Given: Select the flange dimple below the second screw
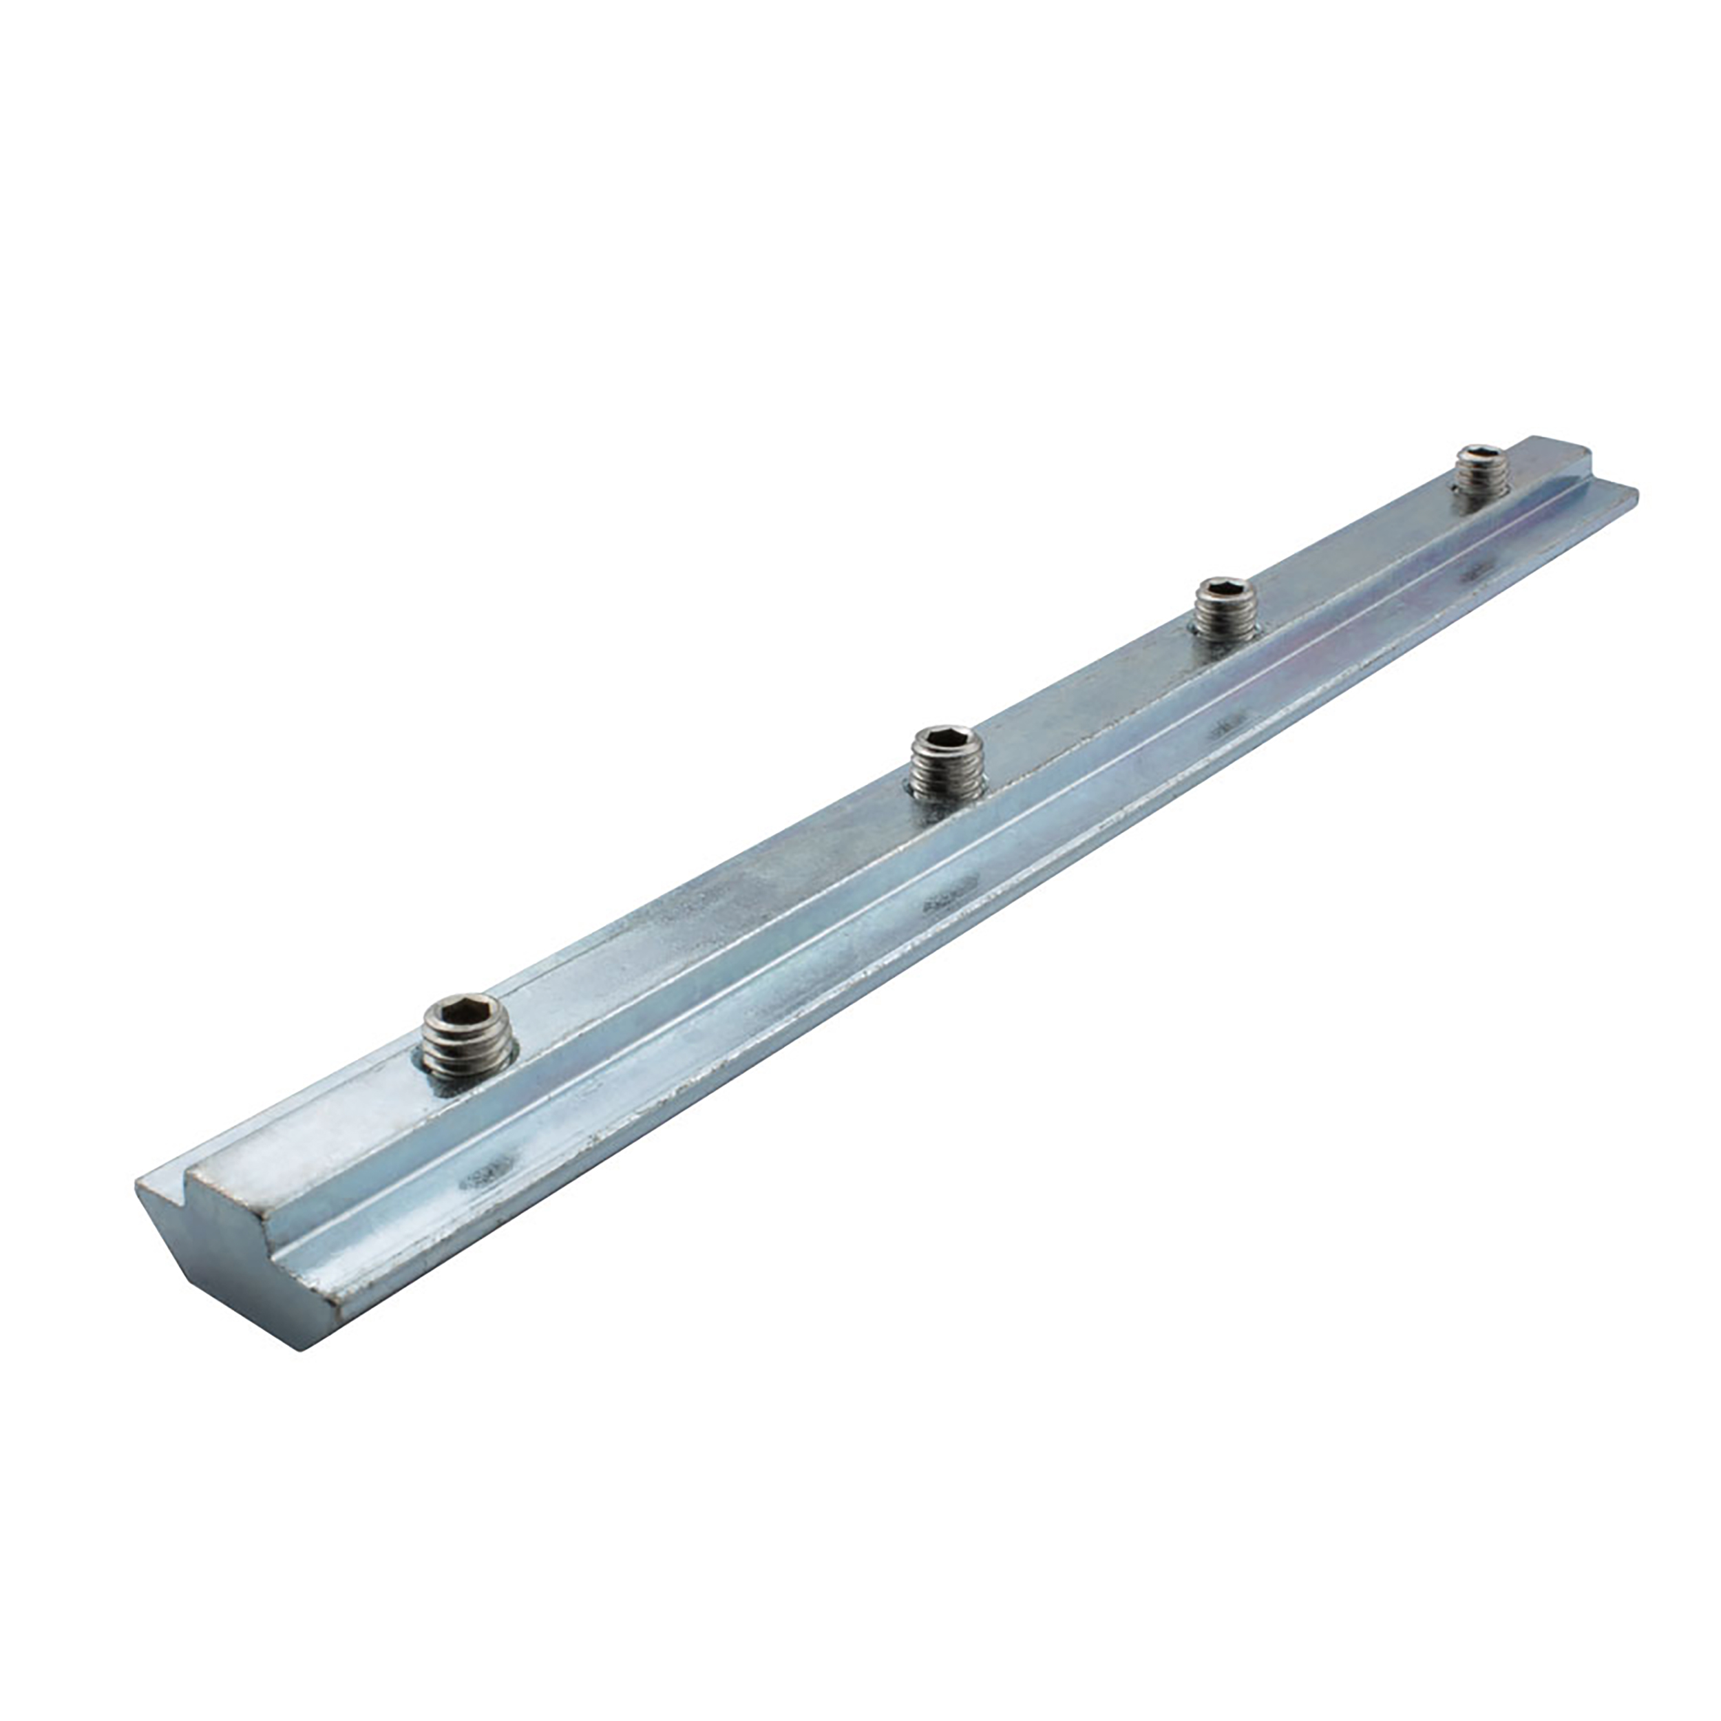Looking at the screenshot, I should pos(949,904).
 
